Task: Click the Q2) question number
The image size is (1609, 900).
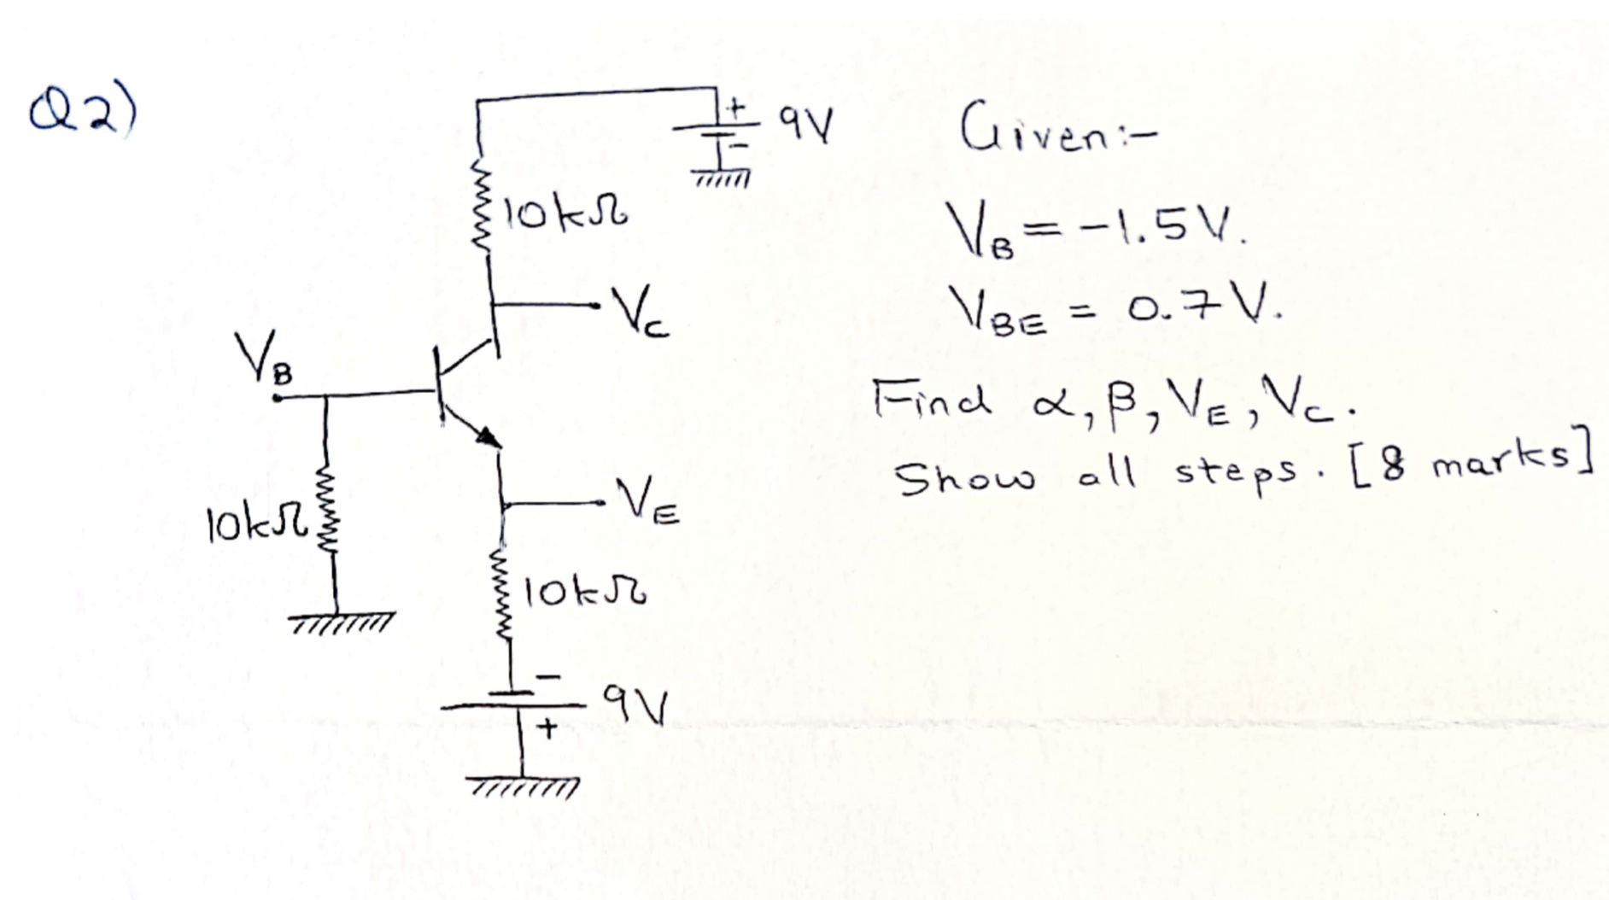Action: pyautogui.click(x=83, y=112)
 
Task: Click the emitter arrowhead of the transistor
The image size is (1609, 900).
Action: pyautogui.click(x=489, y=437)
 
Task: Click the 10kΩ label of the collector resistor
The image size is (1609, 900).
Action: pyautogui.click(x=566, y=214)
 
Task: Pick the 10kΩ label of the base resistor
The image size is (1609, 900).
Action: pyautogui.click(x=255, y=523)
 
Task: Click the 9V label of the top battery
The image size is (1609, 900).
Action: pyautogui.click(x=804, y=126)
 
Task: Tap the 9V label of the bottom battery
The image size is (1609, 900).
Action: pyautogui.click(x=635, y=704)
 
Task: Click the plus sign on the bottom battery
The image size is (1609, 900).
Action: pyautogui.click(x=547, y=728)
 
